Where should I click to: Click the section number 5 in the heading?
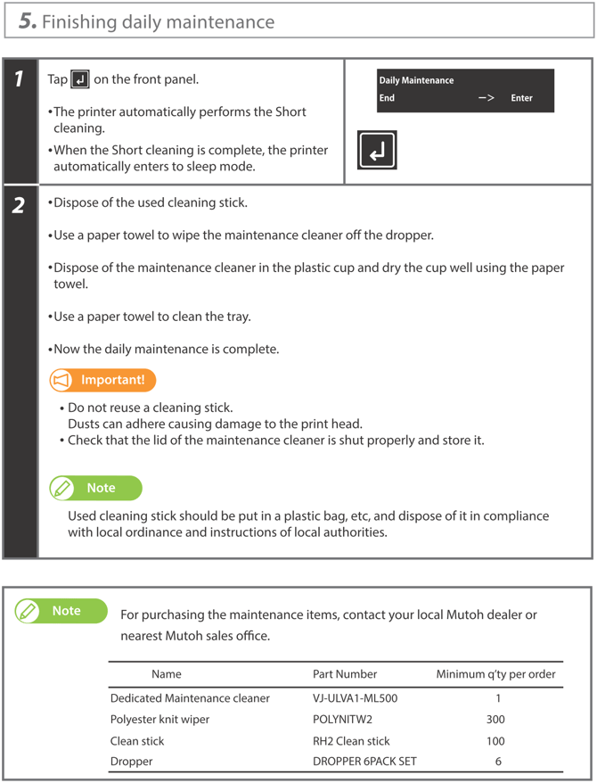pos(28,21)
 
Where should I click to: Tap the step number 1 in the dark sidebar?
pos(19,80)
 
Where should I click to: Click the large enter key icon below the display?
pos(377,150)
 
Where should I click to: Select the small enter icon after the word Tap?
pos(80,80)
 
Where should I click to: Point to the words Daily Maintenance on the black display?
pos(416,80)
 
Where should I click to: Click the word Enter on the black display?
pos(521,98)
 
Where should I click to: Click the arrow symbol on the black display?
pos(486,98)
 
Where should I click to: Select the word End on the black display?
pos(387,98)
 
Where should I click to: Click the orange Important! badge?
pos(102,381)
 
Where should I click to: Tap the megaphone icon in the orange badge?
pos(62,381)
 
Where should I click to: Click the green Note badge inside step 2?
pos(95,489)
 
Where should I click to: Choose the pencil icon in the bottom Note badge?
pos(29,611)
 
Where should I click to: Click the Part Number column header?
pos(345,674)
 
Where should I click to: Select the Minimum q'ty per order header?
pos(495,674)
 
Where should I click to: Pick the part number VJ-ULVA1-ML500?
pos(355,698)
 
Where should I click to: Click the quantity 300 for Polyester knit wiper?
pos(495,720)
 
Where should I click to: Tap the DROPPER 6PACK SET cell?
pos(364,762)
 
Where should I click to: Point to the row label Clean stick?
pos(137,741)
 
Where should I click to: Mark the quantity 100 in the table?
pos(495,741)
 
